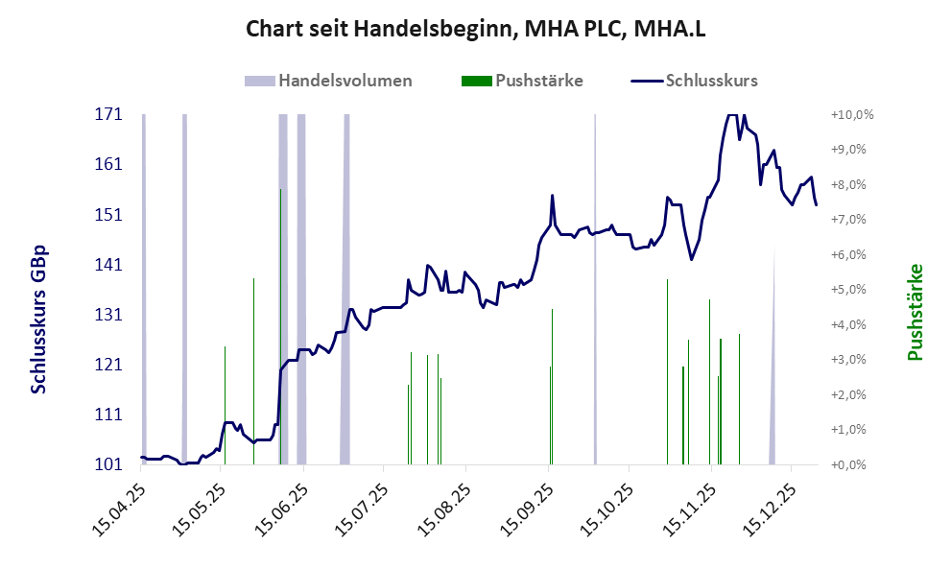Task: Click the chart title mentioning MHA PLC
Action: tap(476, 29)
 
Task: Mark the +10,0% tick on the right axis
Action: tap(851, 114)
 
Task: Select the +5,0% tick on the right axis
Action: tap(851, 290)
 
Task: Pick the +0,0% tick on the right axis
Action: tap(851, 465)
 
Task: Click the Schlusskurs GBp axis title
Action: tap(39, 320)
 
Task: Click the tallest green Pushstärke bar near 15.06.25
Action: tap(280, 288)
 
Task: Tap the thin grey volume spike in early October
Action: tap(595, 288)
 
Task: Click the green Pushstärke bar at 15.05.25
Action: tap(225, 403)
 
